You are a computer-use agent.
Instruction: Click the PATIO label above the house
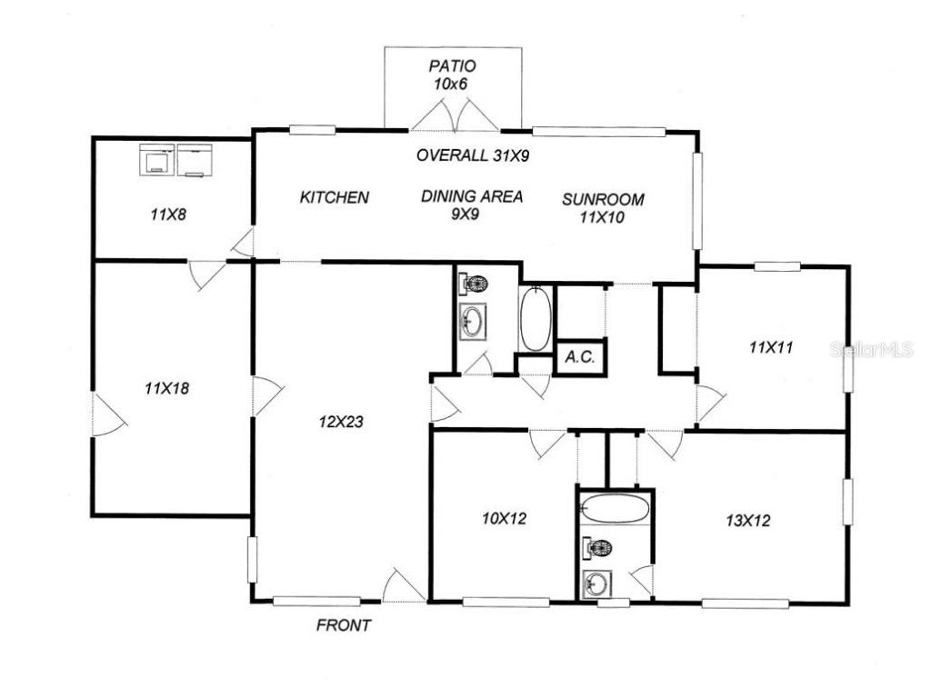452,66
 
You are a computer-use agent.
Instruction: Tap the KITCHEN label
335,197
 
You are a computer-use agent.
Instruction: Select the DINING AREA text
472,196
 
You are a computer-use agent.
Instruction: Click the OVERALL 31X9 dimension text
473,155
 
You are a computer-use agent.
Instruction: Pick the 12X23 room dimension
342,421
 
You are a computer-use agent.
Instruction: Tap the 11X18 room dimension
166,388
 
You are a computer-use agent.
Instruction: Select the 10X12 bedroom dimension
505,519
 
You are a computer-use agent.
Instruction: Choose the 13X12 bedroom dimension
748,521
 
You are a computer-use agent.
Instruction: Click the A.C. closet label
579,357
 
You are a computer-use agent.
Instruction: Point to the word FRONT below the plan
343,625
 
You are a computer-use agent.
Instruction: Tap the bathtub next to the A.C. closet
535,318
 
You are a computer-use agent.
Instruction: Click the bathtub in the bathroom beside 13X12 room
616,508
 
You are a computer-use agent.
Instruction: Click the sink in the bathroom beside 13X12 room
596,583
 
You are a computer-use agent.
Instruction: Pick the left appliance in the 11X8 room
156,162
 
